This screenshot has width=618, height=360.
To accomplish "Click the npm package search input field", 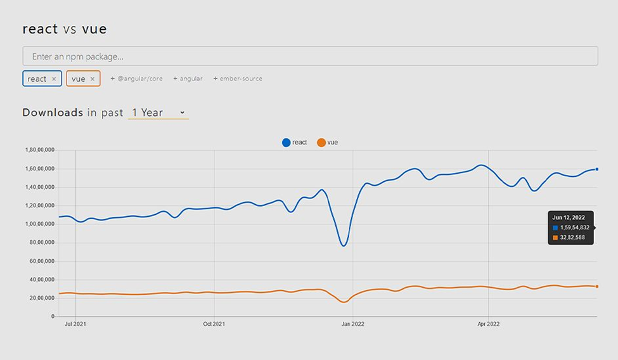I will [310, 56].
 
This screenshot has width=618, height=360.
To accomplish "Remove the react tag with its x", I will [54, 79].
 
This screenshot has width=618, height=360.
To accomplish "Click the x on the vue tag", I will [93, 79].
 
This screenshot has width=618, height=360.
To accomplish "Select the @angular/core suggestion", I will [136, 79].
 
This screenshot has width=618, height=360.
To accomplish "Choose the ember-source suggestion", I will [238, 79].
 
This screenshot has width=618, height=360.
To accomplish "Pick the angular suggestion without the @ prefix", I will [188, 79].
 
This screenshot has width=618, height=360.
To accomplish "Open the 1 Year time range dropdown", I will [158, 113].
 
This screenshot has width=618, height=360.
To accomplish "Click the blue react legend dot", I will [286, 143].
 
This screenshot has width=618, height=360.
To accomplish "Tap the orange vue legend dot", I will [321, 143].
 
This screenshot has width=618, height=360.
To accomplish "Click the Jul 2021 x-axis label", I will [75, 324].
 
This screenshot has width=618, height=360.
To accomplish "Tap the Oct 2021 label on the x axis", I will [214, 324].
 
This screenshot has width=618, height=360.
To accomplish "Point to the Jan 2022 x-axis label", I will [352, 324].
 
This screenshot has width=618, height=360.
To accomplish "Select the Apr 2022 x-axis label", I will [489, 324].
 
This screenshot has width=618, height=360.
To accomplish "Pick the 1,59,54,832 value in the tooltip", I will [574, 228].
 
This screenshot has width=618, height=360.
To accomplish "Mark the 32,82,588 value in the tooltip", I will [572, 238].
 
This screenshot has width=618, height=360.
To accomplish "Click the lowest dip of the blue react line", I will [344, 246].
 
